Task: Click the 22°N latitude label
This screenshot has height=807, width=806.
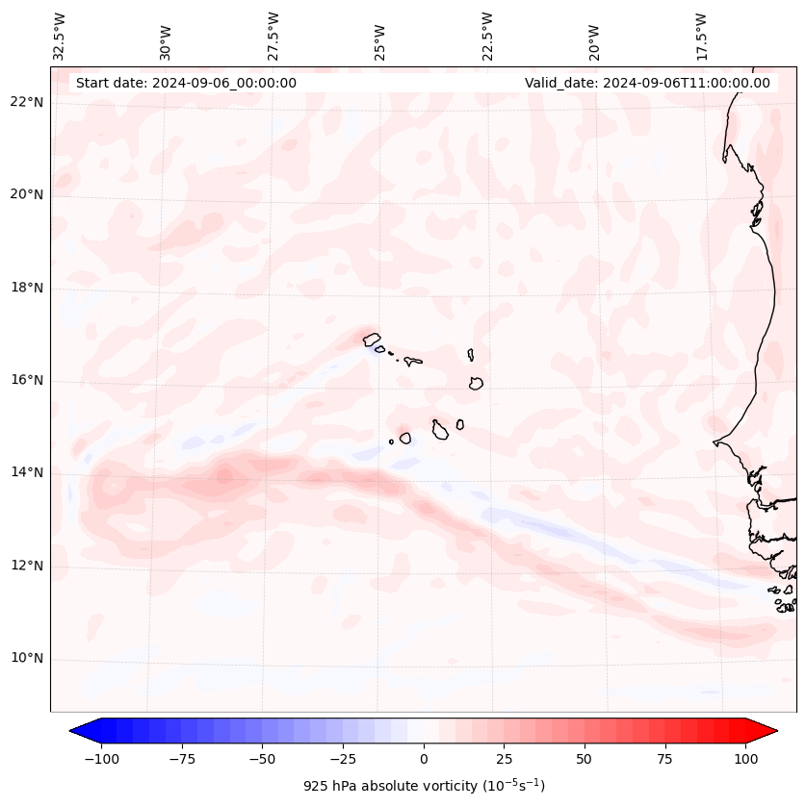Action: (x=25, y=103)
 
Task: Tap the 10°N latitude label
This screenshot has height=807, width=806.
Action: (x=25, y=659)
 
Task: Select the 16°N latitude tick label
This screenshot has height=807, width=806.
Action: (x=25, y=381)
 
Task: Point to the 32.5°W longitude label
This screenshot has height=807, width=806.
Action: (x=60, y=36)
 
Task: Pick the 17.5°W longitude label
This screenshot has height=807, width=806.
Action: (x=701, y=36)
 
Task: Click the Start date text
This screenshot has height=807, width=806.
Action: (x=186, y=83)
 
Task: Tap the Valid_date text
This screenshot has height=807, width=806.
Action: (x=647, y=83)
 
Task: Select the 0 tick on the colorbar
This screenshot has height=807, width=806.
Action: (x=424, y=759)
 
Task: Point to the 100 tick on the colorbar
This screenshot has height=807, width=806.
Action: (x=745, y=759)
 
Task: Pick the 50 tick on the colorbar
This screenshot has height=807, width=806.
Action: (x=585, y=759)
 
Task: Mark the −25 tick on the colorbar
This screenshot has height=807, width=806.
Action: (x=343, y=759)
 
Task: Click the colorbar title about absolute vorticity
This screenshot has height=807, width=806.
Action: (x=424, y=786)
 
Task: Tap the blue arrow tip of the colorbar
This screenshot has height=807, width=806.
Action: (x=77, y=731)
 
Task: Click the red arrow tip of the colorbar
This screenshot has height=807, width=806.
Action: (x=770, y=731)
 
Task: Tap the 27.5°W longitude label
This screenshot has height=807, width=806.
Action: (x=273, y=36)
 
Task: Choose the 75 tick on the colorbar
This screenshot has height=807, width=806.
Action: (x=664, y=759)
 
